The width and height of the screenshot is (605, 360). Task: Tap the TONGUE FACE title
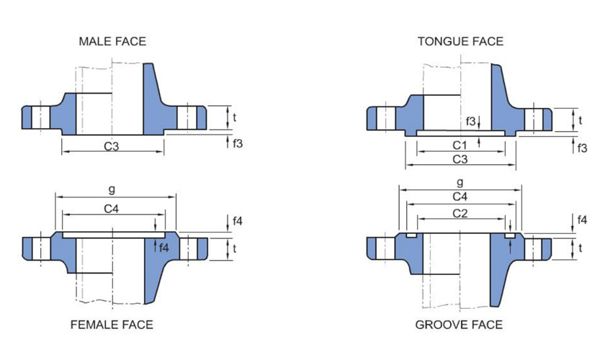(x=460, y=41)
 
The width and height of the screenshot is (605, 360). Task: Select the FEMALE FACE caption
(x=112, y=325)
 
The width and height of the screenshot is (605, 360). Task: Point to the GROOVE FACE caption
(x=459, y=325)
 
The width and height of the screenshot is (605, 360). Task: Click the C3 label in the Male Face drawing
(x=112, y=146)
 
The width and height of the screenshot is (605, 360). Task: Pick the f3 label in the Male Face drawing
(x=238, y=143)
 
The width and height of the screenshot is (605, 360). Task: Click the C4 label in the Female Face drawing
(x=112, y=208)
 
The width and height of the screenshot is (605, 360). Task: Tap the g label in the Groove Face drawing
(x=460, y=182)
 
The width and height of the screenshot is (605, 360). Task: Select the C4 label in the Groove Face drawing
(x=460, y=197)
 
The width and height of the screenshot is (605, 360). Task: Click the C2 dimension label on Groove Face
(x=460, y=213)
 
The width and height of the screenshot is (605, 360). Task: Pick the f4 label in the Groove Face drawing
(x=582, y=220)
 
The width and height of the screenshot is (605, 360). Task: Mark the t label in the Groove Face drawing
(x=581, y=248)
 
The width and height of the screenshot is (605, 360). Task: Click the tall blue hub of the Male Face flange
(x=153, y=101)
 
